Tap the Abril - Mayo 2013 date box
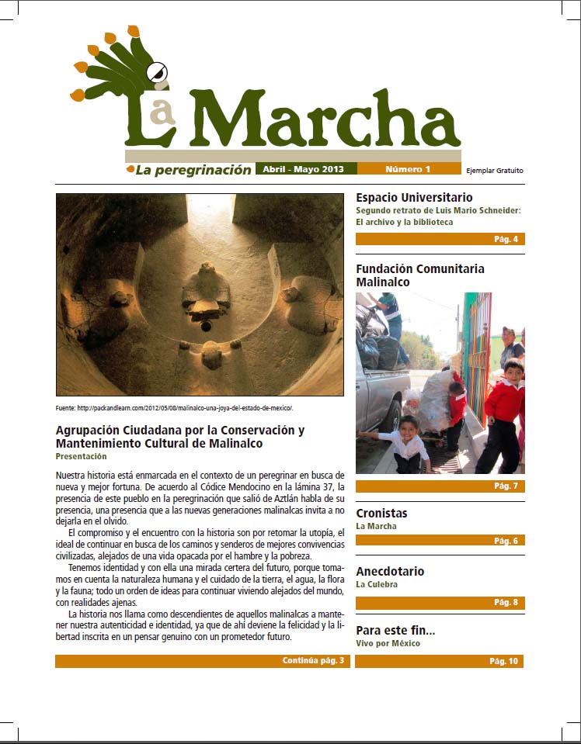[x=304, y=169]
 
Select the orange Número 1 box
[x=407, y=169]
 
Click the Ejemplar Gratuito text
[x=495, y=171]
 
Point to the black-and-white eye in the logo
[x=159, y=72]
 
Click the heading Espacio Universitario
[x=414, y=197]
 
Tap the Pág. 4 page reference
[x=506, y=239]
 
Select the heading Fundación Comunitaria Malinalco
[x=420, y=275]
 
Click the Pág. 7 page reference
[x=506, y=486]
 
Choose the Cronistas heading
[x=381, y=513]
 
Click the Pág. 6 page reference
[x=506, y=541]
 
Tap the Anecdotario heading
[x=390, y=571]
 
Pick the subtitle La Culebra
[x=377, y=584]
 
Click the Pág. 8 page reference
[x=506, y=602]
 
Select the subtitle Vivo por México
[x=389, y=643]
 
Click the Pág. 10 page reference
[x=503, y=662]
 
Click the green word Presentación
[x=81, y=457]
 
